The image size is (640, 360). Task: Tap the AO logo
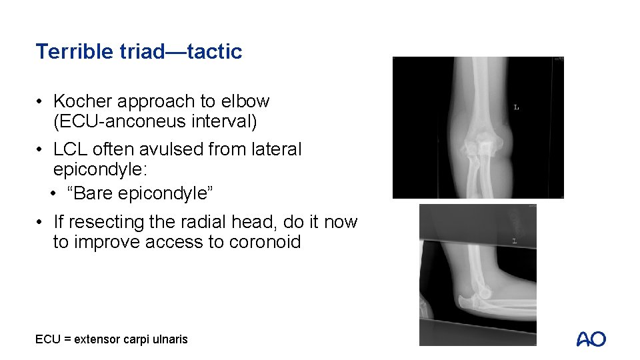(x=591, y=339)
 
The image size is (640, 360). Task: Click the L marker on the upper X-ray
(x=517, y=107)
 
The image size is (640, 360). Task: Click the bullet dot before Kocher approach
(x=41, y=102)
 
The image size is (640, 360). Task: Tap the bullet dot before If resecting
(x=41, y=222)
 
